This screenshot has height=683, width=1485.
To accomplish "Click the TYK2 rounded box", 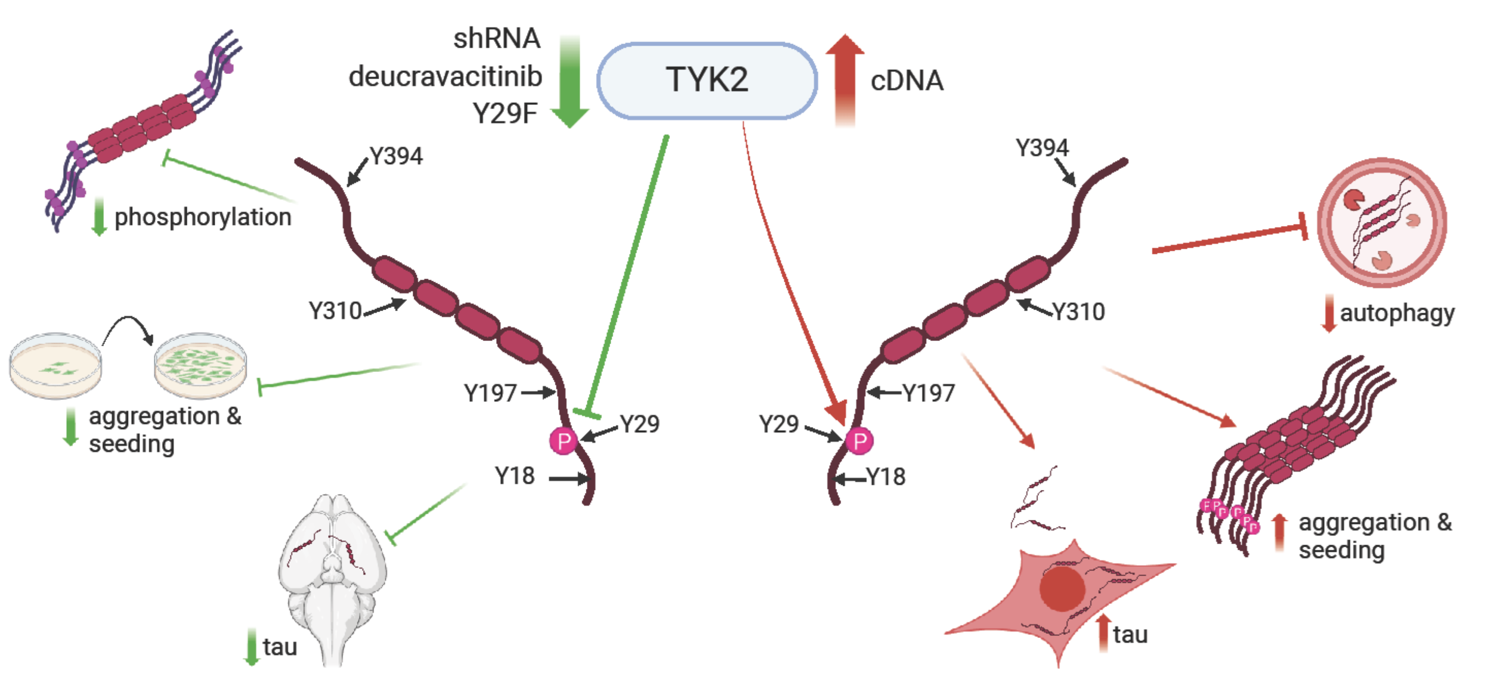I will [707, 80].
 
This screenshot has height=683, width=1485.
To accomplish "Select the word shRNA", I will [496, 39].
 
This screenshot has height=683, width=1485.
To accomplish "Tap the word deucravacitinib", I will [445, 76].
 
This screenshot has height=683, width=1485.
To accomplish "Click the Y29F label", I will [505, 113].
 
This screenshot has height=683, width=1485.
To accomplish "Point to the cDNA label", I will [907, 81].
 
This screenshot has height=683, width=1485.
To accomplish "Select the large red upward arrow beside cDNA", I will [845, 78].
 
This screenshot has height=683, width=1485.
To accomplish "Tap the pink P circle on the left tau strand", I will [563, 441].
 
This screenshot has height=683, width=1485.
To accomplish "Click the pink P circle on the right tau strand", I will [860, 441].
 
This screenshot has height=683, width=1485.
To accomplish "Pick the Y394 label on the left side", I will [396, 156].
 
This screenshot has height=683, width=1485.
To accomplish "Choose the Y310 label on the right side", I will [1078, 312].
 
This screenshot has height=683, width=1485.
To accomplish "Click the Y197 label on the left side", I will [490, 393].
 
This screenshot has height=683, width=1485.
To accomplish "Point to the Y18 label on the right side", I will [886, 477].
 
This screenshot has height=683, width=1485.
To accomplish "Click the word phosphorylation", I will [203, 217].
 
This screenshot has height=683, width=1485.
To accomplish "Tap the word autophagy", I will [1397, 313].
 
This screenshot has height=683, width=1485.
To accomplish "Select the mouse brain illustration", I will [332, 577].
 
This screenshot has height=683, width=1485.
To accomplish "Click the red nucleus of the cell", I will [1062, 588].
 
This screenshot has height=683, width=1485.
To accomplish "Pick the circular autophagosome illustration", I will [1382, 222].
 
